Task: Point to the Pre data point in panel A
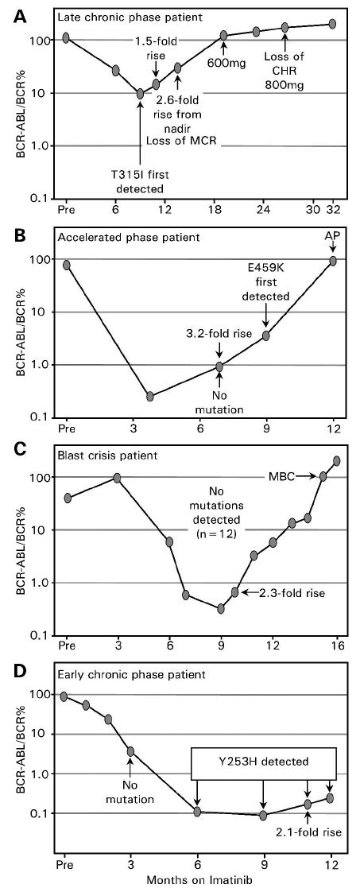pos(66,37)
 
